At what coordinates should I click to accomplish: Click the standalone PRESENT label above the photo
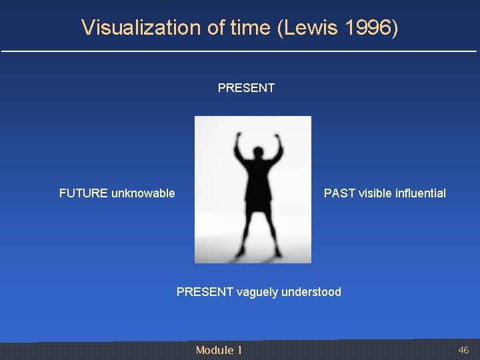pos(246,88)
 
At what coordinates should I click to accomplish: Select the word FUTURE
pos(83,193)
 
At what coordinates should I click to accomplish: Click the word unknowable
pos(143,193)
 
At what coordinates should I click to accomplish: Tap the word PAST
pos(339,193)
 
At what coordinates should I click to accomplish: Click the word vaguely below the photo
pos(258,292)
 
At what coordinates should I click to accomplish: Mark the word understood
pos(311,292)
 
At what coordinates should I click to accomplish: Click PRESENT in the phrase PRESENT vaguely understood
pos(205,292)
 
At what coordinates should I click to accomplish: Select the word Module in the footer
pos(215,350)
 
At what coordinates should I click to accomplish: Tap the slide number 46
pos(463,350)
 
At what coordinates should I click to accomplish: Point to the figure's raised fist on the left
pos(239,139)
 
